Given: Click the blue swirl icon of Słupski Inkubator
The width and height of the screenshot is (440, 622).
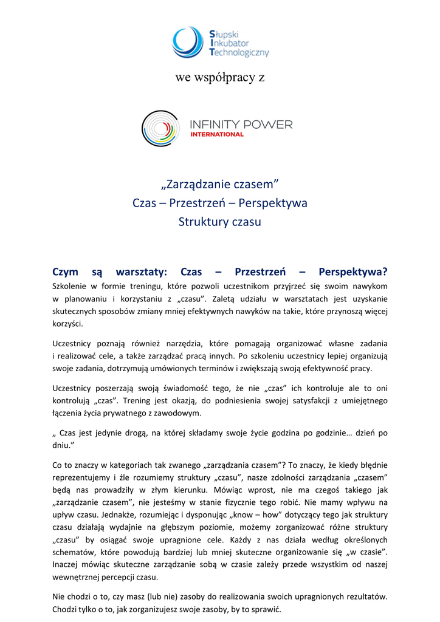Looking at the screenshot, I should (x=188, y=42).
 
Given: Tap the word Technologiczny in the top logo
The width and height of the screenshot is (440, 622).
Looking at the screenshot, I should (x=238, y=53).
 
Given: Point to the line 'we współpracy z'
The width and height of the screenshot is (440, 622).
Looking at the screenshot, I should (x=219, y=78).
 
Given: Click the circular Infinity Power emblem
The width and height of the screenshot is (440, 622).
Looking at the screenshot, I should (x=160, y=129).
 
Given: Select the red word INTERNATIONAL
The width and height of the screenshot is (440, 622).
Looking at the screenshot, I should (x=217, y=134).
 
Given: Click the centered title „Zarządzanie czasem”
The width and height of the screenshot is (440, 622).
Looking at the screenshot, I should (x=219, y=183).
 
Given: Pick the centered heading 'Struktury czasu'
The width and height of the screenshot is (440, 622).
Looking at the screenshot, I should (x=219, y=222).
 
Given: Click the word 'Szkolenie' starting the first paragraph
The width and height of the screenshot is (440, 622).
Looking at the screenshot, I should (x=70, y=285).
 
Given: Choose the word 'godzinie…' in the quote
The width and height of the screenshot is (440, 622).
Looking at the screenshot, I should (x=318, y=433).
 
